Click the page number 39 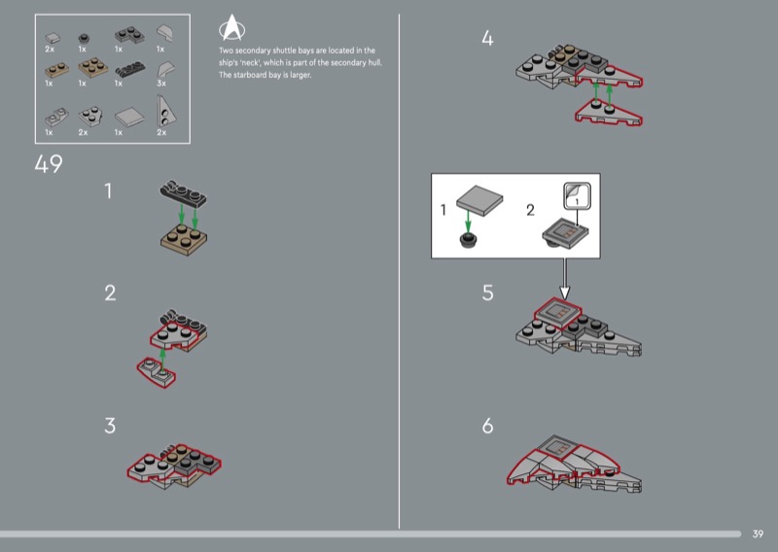pyautogui.click(x=758, y=534)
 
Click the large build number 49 pyautogui.click(x=49, y=164)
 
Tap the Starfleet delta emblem pyautogui.click(x=231, y=27)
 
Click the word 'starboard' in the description pyautogui.click(x=250, y=75)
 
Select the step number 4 pyautogui.click(x=487, y=38)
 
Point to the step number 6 pyautogui.click(x=488, y=426)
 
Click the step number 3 pyautogui.click(x=110, y=426)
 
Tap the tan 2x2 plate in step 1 pyautogui.click(x=184, y=239)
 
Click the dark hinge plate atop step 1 pyautogui.click(x=183, y=192)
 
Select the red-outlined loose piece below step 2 pyautogui.click(x=157, y=372)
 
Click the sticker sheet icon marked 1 pyautogui.click(x=577, y=196)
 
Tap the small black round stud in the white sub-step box pyautogui.click(x=468, y=240)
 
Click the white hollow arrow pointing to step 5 pyautogui.click(x=565, y=279)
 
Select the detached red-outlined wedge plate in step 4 pyautogui.click(x=609, y=112)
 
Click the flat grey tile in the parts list pyautogui.click(x=129, y=117)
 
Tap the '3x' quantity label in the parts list pyautogui.click(x=161, y=84)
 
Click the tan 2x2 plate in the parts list pyautogui.click(x=93, y=67)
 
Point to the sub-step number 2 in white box pyautogui.click(x=530, y=210)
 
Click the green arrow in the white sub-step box pyautogui.click(x=468, y=221)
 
